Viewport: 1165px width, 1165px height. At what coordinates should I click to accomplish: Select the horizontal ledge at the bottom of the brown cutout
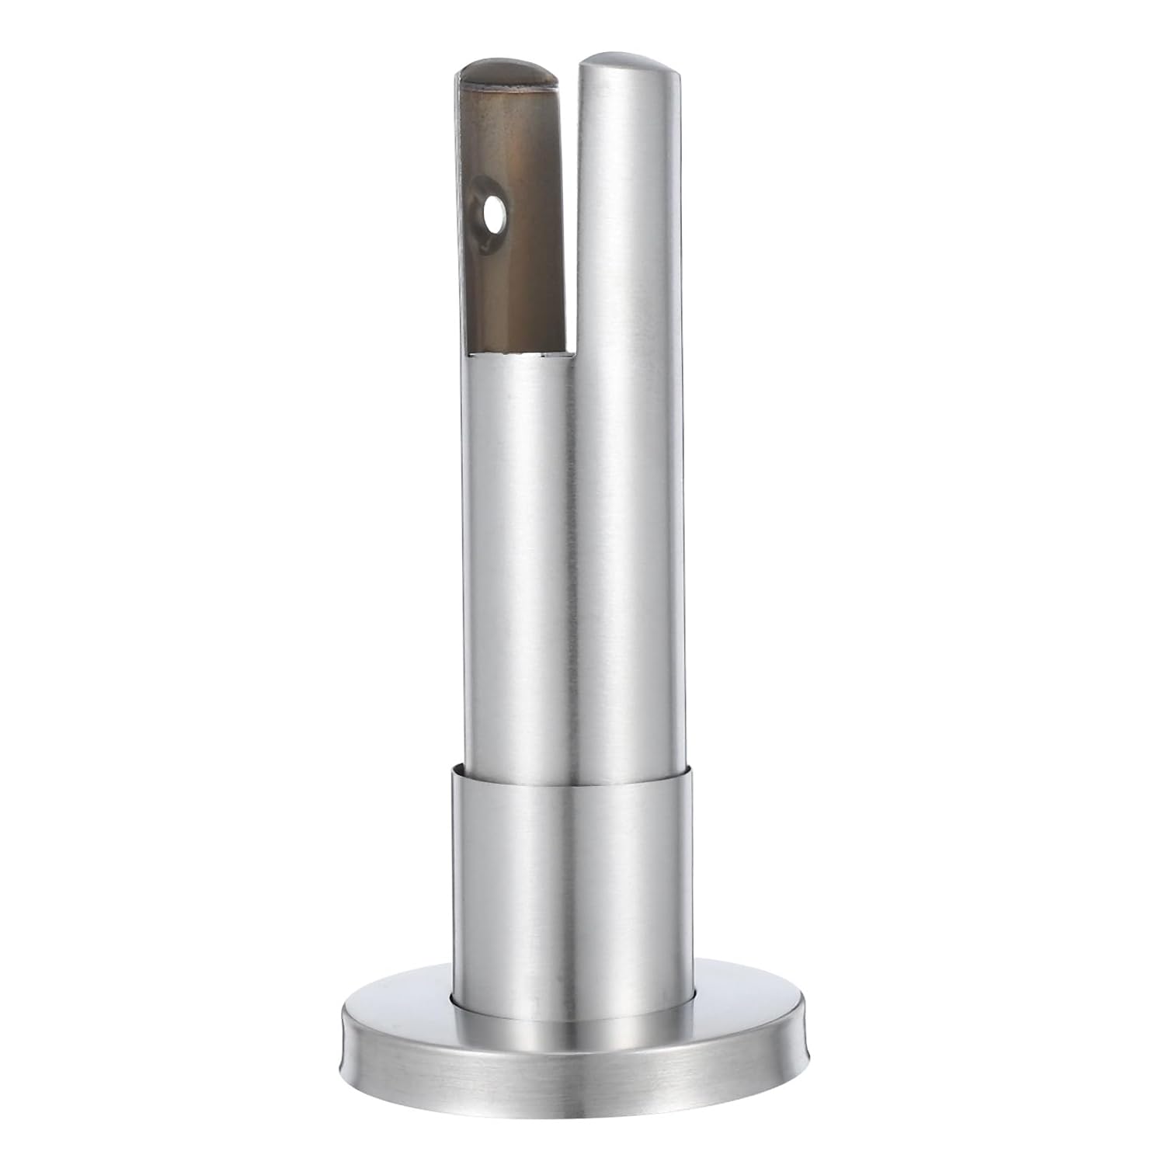pyautogui.click(x=520, y=354)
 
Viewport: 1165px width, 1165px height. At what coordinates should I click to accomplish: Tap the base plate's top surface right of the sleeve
pyautogui.click(x=746, y=1002)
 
